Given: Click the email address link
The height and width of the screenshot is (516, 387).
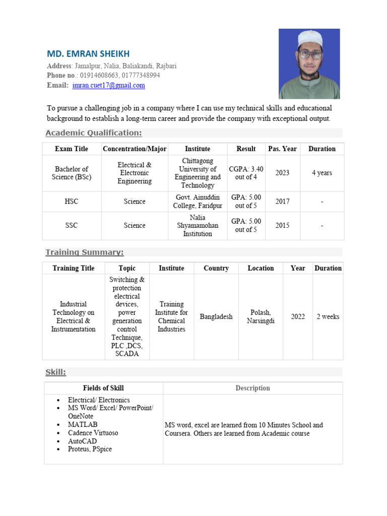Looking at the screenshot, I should coord(108,86).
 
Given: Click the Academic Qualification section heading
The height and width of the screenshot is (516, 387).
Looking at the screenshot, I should coord(94,133).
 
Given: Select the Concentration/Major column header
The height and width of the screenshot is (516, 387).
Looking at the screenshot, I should coord(135,149).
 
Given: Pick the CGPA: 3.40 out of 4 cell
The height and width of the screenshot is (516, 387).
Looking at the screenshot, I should coord(246,173).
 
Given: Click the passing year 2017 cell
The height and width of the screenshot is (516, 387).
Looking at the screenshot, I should coord(282,202).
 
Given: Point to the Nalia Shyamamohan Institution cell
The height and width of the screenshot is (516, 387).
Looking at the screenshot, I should coord(198,226).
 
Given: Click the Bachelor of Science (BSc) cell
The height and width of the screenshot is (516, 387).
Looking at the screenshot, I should coord(72,173).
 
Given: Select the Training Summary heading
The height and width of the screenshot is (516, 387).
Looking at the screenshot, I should coord(85,252).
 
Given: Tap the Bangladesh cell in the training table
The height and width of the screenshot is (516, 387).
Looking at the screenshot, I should coord(216,317).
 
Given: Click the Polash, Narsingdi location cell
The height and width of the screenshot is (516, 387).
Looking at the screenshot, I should coord(261,317).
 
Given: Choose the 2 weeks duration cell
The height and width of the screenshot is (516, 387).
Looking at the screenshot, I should coord(328,317).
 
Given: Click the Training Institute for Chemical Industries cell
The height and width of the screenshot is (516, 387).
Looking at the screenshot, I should coord(171,317).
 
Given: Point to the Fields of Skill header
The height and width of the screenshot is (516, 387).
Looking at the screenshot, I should coord(103,388).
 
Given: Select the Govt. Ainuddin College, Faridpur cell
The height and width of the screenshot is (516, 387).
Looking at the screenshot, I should coord(198,202).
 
